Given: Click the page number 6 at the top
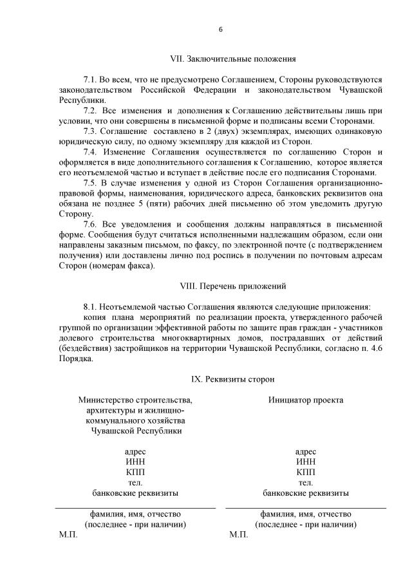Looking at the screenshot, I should [221, 30].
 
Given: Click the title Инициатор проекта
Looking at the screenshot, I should [306, 400].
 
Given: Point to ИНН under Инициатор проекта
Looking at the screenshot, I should [306, 462].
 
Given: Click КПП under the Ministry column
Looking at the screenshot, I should [135, 472].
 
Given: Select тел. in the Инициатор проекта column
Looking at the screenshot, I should [306, 482].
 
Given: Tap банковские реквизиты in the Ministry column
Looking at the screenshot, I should [135, 493].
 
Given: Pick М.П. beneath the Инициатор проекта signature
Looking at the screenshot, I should [239, 535].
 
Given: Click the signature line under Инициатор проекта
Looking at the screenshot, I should [306, 509].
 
